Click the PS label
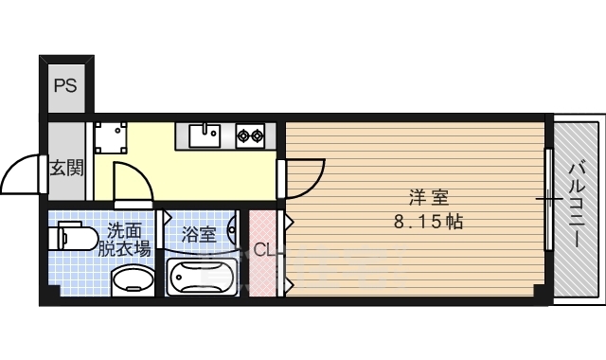click(64, 86)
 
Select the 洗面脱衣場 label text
click(125, 240)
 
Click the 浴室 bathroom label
click(199, 234)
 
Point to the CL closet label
click(264, 250)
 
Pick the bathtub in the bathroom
click(202, 278)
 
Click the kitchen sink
click(204, 135)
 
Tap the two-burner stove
click(251, 135)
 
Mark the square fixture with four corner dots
click(112, 137)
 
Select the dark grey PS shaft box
click(64, 86)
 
